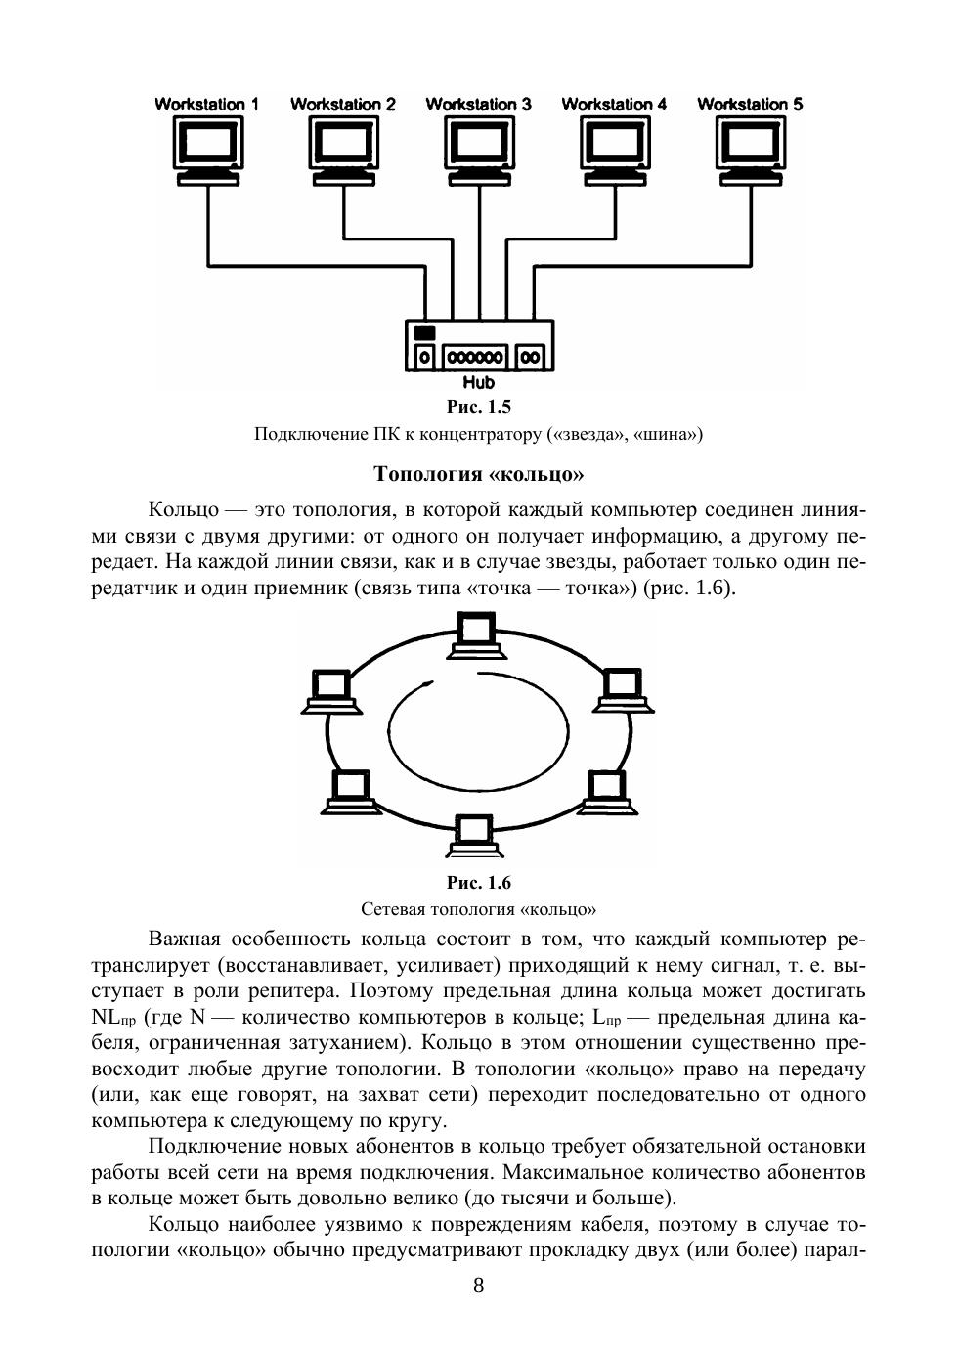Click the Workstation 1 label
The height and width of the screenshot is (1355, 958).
[x=207, y=104]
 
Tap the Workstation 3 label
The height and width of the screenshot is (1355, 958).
[x=479, y=104]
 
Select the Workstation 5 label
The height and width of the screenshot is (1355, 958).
[x=750, y=104]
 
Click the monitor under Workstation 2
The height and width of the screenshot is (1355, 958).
[x=343, y=148]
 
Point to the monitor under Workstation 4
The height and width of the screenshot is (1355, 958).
[x=615, y=148]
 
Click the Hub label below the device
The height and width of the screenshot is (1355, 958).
[x=479, y=382]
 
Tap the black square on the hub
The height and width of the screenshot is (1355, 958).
[x=424, y=332]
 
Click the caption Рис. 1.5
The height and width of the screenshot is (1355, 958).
[x=479, y=407]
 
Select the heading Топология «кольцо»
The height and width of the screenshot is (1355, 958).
[x=479, y=474]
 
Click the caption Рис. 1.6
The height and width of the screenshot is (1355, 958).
[x=479, y=883]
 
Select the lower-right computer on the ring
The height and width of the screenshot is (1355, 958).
[x=607, y=792]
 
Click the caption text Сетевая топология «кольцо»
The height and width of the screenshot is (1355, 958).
[x=479, y=909]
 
